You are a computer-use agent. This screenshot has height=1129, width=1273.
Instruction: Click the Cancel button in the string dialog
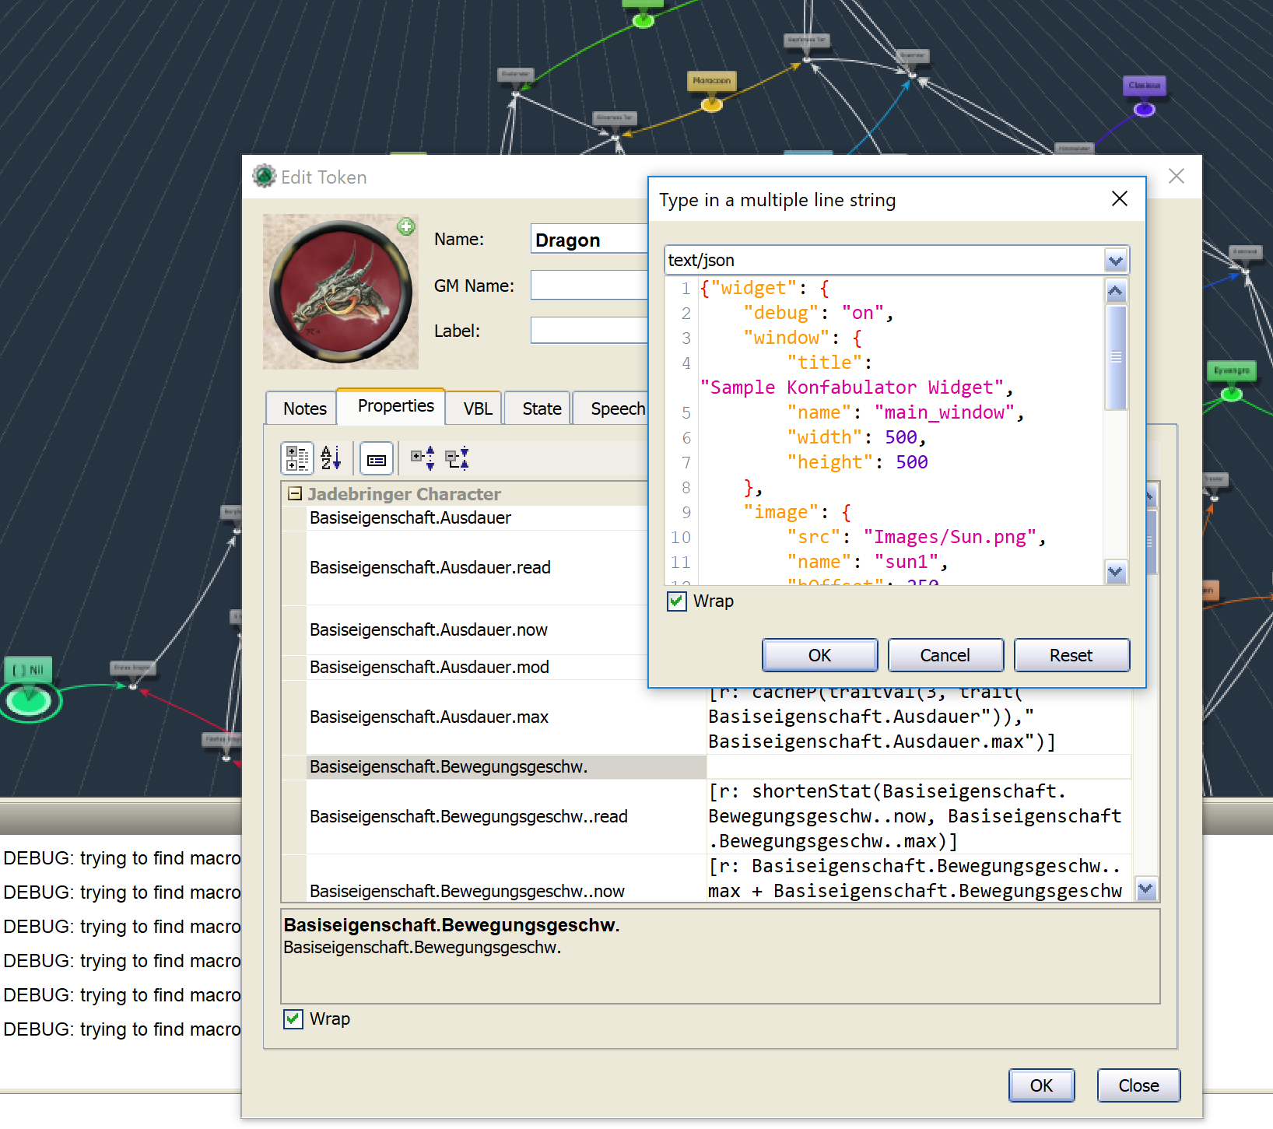coord(945,655)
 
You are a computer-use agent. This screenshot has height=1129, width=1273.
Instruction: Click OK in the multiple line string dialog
coord(819,655)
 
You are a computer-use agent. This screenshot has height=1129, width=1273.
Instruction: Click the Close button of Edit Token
coord(1138,1085)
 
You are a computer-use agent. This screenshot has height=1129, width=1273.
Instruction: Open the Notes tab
coord(304,408)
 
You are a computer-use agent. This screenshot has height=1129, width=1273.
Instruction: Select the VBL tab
coord(478,408)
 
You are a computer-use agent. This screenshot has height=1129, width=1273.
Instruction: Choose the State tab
coord(542,408)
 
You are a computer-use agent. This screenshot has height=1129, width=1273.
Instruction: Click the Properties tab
coord(395,406)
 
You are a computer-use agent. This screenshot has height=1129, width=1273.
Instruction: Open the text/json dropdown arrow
coord(1116,261)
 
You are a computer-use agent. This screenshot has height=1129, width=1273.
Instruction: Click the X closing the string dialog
coord(1120,199)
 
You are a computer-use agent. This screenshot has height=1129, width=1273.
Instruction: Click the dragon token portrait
coord(341,292)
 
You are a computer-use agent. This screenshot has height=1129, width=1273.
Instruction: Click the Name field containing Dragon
coord(588,240)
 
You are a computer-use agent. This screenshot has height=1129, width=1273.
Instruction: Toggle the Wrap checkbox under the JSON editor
coord(677,601)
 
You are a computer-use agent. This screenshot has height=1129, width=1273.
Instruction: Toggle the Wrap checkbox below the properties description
coord(293,1019)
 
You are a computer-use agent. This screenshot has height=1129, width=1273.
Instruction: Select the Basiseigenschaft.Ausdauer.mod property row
coord(430,667)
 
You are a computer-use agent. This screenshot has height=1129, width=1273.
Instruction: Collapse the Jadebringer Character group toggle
coord(295,494)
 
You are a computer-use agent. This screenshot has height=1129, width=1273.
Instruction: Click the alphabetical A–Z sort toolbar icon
coord(331,458)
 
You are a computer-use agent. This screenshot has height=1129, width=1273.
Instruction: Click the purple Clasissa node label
coord(1144,85)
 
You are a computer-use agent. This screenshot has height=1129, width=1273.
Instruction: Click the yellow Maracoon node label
coord(711,80)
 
